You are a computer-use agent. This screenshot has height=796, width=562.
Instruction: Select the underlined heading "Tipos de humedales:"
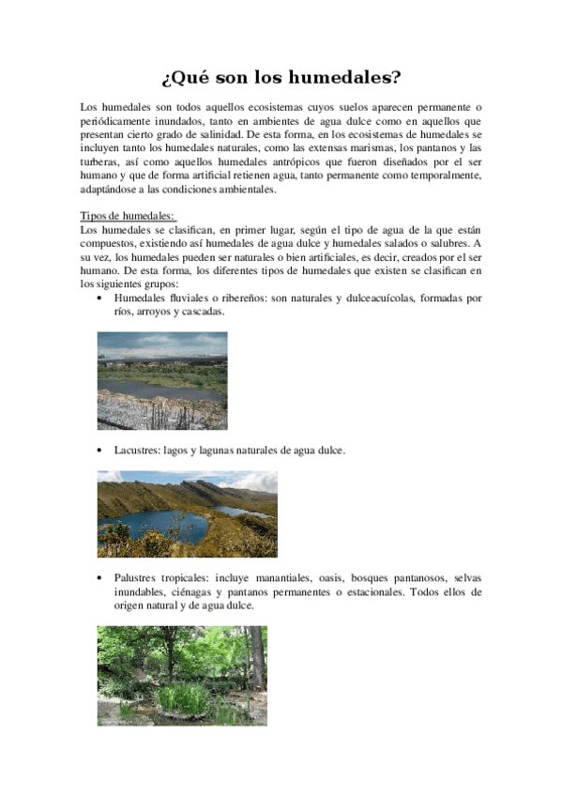[x=129, y=216]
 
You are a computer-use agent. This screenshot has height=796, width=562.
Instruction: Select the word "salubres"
[x=443, y=244]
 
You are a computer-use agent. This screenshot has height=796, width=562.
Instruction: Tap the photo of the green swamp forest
[x=182, y=676]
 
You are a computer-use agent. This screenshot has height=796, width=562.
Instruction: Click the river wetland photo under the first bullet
[x=162, y=380]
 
